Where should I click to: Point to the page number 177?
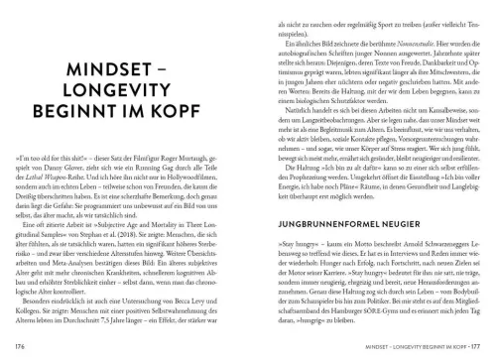[x=482, y=345]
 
